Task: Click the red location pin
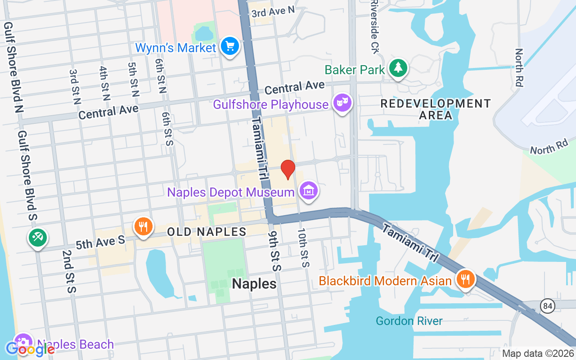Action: (x=288, y=170)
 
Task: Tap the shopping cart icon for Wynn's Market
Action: (x=230, y=46)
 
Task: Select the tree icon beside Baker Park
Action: (x=398, y=68)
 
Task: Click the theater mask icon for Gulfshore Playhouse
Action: (x=342, y=103)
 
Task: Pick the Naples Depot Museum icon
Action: (x=309, y=191)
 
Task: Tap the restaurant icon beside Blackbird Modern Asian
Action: (x=466, y=279)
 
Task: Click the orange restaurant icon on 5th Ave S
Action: (x=143, y=226)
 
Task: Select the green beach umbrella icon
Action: (x=37, y=237)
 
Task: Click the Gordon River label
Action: (x=409, y=321)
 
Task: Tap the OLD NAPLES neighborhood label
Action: (x=207, y=232)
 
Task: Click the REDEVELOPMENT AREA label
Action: (x=435, y=109)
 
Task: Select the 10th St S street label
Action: (x=302, y=247)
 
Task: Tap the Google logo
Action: (x=30, y=349)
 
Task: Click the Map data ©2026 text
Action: (x=538, y=354)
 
